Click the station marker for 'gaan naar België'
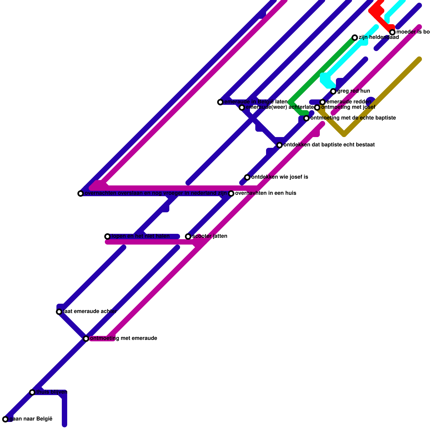click(5, 419)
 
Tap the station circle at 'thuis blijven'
click(32, 392)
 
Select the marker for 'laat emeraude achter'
click(59, 312)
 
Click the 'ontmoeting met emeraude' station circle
click(86, 339)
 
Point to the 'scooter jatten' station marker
click(188, 236)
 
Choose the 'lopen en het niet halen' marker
click(107, 236)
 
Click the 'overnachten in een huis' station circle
click(231, 193)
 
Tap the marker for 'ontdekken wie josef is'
click(247, 177)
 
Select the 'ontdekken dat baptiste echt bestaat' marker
click(279, 145)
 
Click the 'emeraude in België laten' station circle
click(220, 102)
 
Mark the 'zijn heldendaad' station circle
click(355, 38)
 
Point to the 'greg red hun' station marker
click(333, 91)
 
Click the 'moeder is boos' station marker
click(392, 32)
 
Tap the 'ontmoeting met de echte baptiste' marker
click(306, 118)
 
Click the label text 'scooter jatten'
click(210, 236)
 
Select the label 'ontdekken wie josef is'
click(279, 177)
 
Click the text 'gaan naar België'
click(31, 419)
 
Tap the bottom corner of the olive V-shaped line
click(344, 134)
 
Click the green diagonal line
click(322, 70)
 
